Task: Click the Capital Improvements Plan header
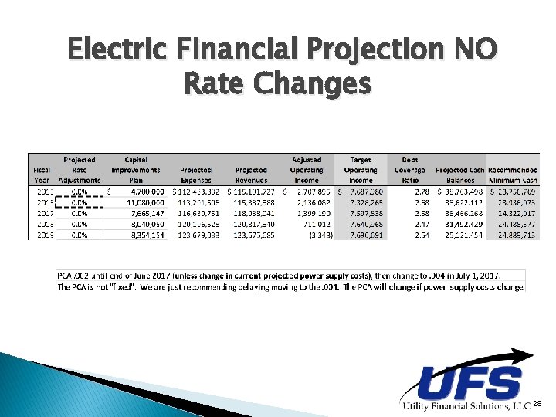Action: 136,170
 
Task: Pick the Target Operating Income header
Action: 361,170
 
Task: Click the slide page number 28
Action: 538,404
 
